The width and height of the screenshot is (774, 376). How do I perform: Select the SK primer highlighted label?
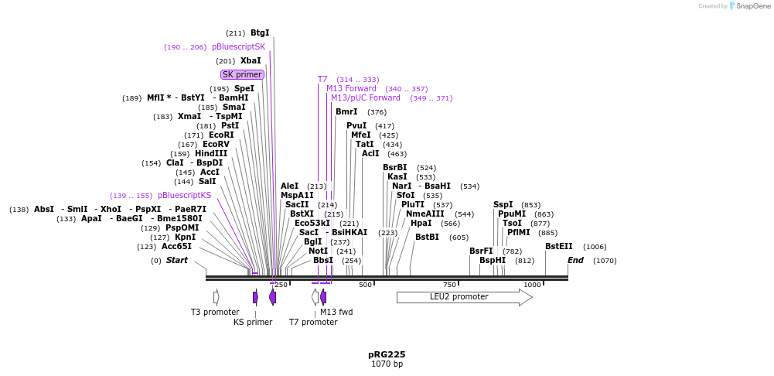point(242,75)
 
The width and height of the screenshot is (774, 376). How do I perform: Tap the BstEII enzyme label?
point(558,247)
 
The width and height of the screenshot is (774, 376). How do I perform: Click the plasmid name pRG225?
point(387,354)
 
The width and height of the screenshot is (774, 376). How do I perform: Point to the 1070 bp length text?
point(387,364)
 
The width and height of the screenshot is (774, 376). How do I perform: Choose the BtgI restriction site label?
point(260,33)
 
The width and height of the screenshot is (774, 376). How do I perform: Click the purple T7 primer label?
point(322,80)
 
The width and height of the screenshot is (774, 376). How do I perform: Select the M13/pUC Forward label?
point(366,98)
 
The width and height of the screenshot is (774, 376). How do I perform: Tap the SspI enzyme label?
point(503,205)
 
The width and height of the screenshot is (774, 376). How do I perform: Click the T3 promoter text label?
point(215,312)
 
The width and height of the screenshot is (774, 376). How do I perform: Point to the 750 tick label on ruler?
point(449,285)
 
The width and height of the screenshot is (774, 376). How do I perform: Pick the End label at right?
point(575,261)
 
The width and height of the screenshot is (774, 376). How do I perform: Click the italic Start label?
point(176,261)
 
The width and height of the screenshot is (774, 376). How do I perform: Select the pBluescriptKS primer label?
point(184,196)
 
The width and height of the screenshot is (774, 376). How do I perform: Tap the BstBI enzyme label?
point(427,238)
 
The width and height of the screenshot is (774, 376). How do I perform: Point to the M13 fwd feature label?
point(336,312)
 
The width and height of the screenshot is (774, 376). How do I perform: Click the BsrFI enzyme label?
point(481,251)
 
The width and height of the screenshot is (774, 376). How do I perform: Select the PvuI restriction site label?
point(356,126)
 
